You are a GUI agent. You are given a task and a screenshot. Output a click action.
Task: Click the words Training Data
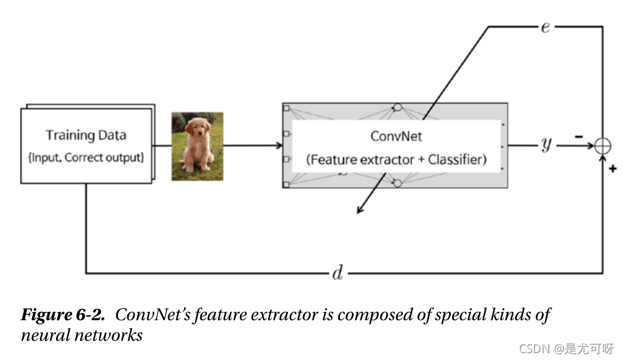click(86, 135)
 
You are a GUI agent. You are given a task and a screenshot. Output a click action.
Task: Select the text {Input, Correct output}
click(86, 157)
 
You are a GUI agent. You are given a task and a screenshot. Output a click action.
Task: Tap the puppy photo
click(197, 146)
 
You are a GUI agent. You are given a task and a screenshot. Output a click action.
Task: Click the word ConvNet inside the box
click(396, 136)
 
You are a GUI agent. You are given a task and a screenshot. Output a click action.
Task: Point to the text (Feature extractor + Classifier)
click(396, 160)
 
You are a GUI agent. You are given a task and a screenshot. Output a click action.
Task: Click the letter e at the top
click(545, 27)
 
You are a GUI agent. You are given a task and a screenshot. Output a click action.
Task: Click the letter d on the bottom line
click(337, 273)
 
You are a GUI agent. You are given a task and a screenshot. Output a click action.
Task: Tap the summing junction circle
click(602, 146)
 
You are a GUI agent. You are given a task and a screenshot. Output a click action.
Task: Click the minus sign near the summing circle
click(579, 136)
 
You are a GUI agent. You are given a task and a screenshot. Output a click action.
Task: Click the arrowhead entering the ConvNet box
click(278, 146)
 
